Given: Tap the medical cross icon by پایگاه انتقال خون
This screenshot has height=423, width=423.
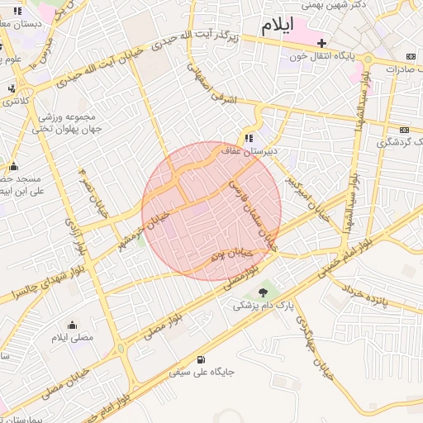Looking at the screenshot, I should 322,43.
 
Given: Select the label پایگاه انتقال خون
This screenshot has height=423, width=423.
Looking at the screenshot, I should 329,57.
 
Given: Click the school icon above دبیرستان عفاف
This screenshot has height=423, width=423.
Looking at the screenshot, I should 249,138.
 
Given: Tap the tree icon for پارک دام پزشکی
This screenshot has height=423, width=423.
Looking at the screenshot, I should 263,292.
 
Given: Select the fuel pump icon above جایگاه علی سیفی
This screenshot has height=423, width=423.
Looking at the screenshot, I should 202,359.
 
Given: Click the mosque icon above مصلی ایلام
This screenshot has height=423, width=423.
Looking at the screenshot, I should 73,325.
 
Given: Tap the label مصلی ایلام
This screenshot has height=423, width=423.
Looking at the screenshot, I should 73,338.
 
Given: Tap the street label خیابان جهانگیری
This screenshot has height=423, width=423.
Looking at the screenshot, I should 313,346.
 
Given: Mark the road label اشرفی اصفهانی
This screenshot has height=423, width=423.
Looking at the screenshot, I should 212,85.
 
